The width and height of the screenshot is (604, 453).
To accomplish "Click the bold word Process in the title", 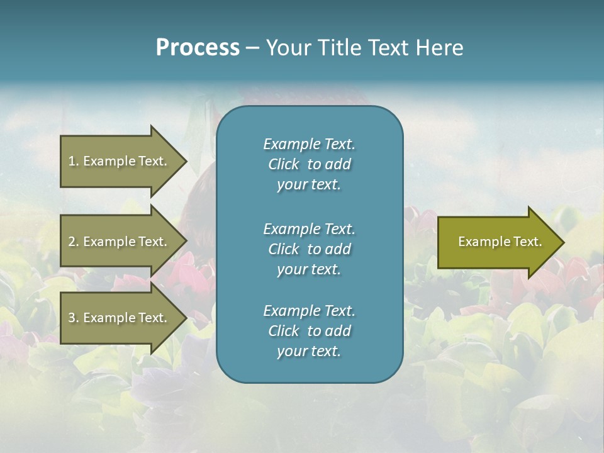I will [198, 48].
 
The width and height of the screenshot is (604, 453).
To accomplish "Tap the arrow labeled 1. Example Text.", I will [120, 161].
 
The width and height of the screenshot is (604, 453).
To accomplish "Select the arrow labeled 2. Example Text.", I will [120, 242].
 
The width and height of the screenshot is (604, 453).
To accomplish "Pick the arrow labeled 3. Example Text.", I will [120, 318].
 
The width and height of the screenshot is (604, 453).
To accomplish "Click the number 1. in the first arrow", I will [74, 161].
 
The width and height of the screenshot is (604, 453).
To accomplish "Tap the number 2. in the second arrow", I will [74, 242].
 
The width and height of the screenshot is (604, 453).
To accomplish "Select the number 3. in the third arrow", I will [74, 318].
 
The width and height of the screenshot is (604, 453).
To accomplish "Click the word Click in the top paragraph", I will [283, 165].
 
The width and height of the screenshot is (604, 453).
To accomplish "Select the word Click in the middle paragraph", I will [283, 249].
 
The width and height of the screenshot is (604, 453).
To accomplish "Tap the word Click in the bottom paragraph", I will [283, 331].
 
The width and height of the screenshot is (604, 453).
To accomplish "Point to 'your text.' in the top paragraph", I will [309, 185].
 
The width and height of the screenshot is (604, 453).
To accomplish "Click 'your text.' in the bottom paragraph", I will [309, 351].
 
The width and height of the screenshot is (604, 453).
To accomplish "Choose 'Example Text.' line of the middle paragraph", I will [309, 228].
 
